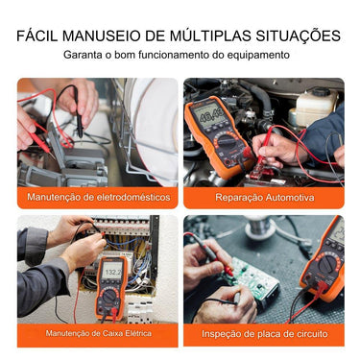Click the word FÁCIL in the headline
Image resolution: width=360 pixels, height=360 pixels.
37,36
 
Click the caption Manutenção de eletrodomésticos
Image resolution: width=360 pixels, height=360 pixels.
99,197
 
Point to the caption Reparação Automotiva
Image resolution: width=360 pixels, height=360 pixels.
265,197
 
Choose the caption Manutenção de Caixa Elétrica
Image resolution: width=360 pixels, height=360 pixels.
99,333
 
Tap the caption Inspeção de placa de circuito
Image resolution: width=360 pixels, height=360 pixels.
265,334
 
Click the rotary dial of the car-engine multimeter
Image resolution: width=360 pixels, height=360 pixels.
228,141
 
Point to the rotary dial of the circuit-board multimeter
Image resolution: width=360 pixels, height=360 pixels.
327,264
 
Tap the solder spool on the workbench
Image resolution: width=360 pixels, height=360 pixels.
260,226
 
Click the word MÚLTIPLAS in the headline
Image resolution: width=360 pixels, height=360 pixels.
210,36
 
